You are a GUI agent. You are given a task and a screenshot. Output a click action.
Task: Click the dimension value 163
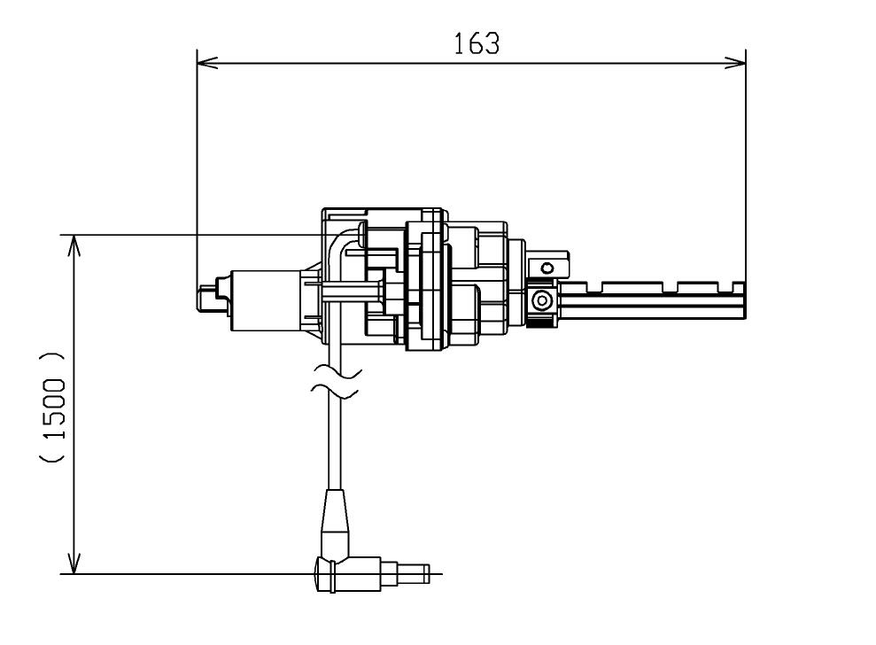[476, 43]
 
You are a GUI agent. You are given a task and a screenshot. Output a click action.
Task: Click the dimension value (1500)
[53, 408]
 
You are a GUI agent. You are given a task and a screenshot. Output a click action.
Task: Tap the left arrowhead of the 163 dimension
[207, 62]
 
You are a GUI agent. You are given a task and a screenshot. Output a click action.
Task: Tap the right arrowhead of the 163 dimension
[735, 62]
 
